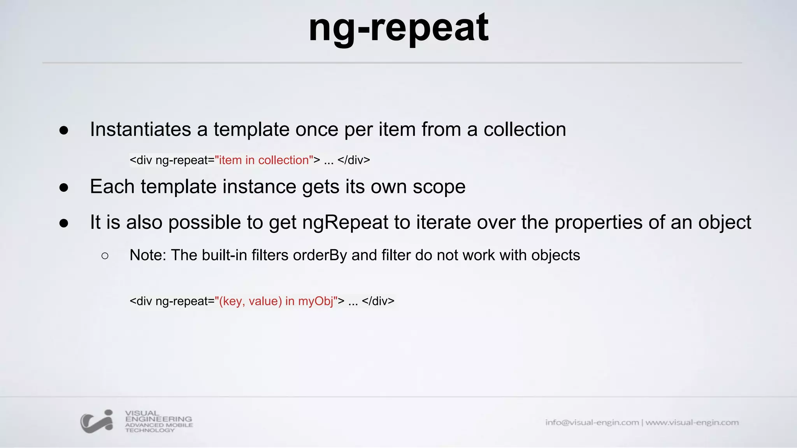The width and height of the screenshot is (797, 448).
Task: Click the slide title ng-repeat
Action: tap(398, 28)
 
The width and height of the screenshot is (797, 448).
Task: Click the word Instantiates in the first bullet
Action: tap(140, 129)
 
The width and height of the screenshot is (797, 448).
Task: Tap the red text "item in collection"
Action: tap(264, 160)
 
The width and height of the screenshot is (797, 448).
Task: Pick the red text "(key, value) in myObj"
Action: tap(276, 301)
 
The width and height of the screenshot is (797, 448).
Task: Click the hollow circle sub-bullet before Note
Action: tap(105, 256)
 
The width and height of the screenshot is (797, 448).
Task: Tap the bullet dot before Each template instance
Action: tap(64, 188)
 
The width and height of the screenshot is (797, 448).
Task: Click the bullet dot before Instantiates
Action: tap(64, 131)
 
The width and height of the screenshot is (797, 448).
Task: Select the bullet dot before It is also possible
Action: tap(64, 224)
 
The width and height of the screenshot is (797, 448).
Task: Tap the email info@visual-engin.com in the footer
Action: tap(592, 422)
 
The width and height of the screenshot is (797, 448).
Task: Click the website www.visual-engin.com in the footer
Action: tap(692, 422)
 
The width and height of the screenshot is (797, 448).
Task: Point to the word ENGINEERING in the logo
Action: tap(158, 419)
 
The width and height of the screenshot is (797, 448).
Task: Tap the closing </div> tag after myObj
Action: tap(378, 301)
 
